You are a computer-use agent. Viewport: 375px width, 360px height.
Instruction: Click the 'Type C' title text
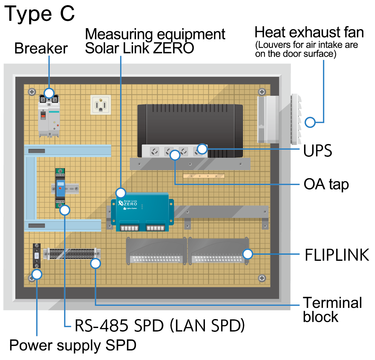click(40, 14)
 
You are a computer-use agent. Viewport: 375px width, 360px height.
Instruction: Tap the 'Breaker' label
click(41, 49)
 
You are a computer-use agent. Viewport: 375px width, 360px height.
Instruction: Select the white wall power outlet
click(101, 105)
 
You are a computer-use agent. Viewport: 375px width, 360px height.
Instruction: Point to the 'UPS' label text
click(317, 151)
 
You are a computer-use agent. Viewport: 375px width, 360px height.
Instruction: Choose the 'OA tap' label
click(326, 185)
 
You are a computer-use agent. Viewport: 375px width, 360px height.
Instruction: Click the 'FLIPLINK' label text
click(337, 255)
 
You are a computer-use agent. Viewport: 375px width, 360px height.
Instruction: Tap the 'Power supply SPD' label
click(73, 346)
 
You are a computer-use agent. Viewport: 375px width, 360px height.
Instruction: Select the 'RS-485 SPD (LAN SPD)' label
click(160, 326)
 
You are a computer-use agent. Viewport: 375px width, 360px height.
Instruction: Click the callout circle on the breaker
click(49, 93)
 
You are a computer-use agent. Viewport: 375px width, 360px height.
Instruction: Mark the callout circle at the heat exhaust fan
click(310, 122)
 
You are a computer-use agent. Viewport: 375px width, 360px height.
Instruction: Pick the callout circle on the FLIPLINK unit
click(248, 254)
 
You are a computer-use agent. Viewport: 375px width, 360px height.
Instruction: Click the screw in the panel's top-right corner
click(262, 92)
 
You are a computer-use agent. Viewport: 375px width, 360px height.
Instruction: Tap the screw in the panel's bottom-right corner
click(262, 278)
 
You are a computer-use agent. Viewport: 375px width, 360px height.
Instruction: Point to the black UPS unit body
click(190, 125)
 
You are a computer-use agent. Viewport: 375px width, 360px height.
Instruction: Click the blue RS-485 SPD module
click(60, 188)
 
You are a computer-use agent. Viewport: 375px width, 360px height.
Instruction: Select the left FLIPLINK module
click(156, 251)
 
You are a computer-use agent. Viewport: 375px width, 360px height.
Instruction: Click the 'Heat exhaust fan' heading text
click(309, 33)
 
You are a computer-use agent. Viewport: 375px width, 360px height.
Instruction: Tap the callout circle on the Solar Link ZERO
click(121, 193)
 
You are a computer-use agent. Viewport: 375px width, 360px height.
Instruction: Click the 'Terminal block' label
click(332, 310)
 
